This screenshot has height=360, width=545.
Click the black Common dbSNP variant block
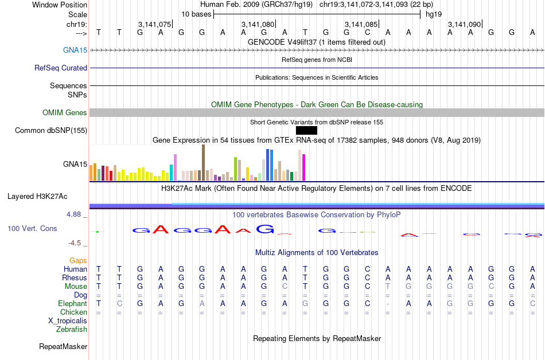306,130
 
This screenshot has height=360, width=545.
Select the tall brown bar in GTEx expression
203,163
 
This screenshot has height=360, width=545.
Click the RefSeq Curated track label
61,68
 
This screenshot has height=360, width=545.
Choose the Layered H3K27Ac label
37,196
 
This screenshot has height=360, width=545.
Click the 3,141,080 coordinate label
258,24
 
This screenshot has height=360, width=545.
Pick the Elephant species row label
72,303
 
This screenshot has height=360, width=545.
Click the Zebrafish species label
72,329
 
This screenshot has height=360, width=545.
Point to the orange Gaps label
78,260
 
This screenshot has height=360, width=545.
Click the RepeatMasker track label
63,346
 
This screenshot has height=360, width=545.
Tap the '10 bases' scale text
196,14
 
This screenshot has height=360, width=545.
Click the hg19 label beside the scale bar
433,14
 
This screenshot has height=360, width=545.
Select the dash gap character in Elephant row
388,303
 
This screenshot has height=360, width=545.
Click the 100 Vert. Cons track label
32,228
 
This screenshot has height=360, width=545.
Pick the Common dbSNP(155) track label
51,130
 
